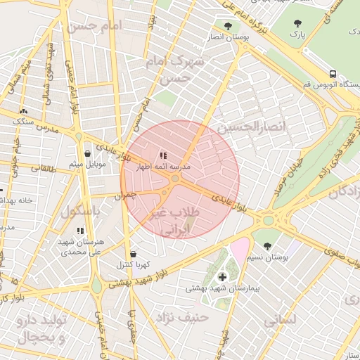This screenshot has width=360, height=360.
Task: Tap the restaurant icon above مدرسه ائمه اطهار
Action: (163, 155)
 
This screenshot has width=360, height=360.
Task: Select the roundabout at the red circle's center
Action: (174, 181)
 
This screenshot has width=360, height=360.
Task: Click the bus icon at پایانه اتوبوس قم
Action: (332, 74)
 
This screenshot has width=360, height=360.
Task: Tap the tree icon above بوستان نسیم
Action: (268, 246)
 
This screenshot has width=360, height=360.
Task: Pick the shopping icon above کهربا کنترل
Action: (133, 254)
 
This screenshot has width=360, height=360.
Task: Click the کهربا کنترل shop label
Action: (132, 265)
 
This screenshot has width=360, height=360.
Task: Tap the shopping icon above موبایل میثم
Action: (87, 153)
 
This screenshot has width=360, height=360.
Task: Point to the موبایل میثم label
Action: (87, 165)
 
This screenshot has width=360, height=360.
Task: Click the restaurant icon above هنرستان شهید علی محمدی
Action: (79, 230)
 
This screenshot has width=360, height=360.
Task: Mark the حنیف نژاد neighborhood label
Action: (184, 316)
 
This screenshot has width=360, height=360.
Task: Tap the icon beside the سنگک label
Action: (25, 110)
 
